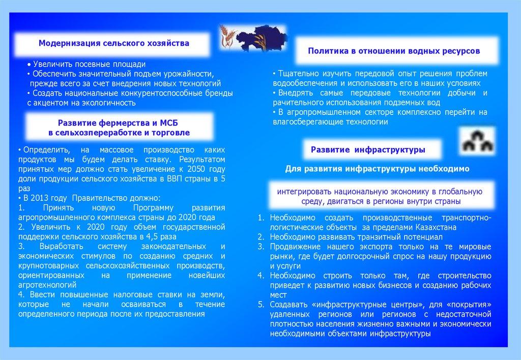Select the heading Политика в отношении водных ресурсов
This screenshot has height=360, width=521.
[394, 51]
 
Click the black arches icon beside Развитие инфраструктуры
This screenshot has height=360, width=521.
[475, 141]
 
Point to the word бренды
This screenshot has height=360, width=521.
[220, 93]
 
